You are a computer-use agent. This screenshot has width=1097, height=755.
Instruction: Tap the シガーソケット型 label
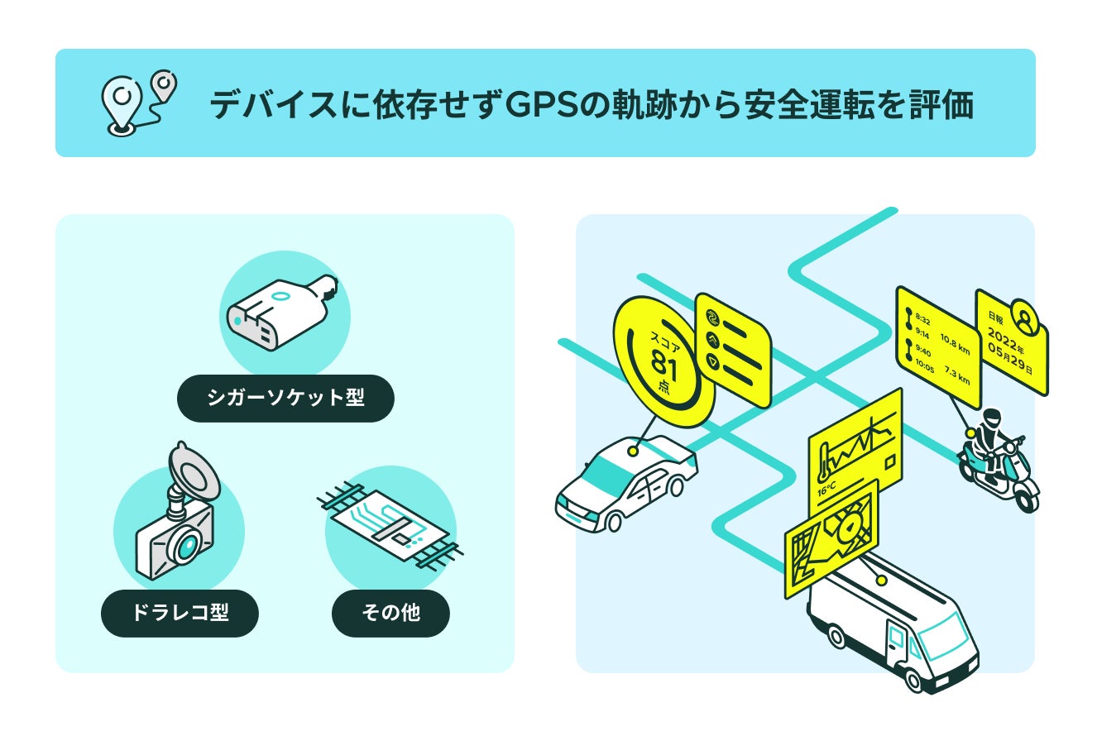coord(285,398)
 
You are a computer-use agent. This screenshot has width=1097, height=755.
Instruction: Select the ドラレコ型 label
coord(180,613)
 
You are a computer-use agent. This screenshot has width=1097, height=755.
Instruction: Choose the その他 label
coord(390,613)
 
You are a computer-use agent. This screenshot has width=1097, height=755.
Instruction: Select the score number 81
coord(663,364)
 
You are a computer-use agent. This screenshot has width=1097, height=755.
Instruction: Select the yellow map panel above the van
coord(831,537)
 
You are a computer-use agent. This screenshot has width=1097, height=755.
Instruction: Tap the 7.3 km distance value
coord(957,377)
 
